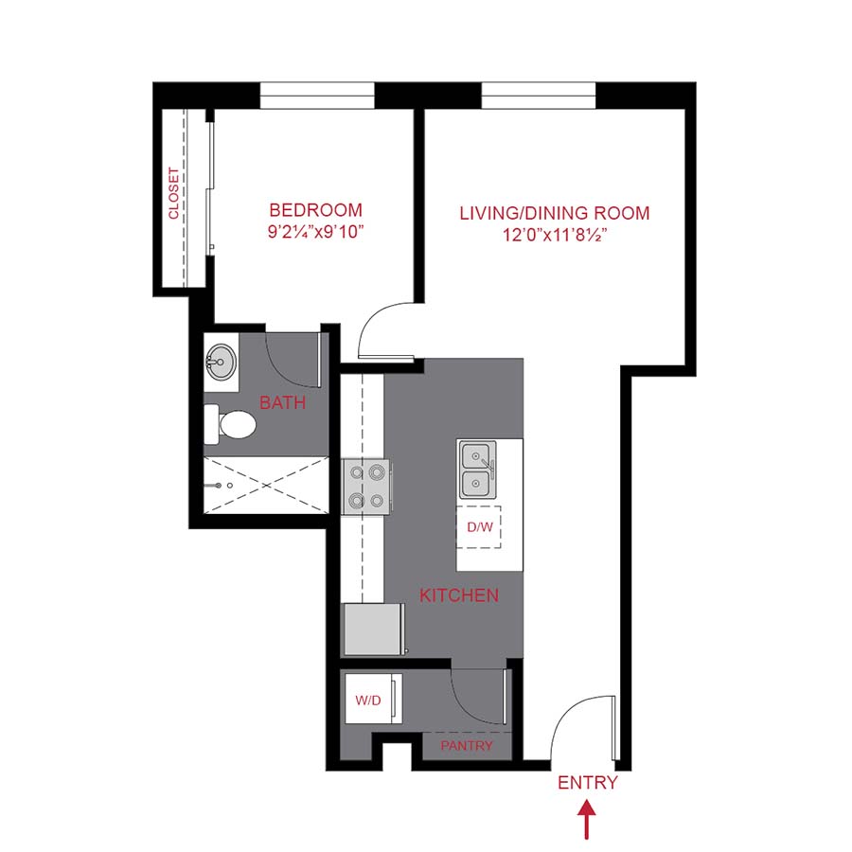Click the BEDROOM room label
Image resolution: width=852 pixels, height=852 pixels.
pyautogui.click(x=315, y=210)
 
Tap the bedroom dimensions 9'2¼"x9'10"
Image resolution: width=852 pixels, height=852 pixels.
pyautogui.click(x=315, y=233)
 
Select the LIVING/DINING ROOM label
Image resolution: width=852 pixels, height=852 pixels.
pyautogui.click(x=555, y=213)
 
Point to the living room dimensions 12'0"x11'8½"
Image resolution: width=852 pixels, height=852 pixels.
pyautogui.click(x=555, y=235)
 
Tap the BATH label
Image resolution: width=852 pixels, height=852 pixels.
pyautogui.click(x=282, y=403)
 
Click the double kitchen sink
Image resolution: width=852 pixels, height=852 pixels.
pyautogui.click(x=478, y=471)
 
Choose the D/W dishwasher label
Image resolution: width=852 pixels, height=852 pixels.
pyautogui.click(x=479, y=526)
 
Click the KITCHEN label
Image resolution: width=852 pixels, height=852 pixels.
pyautogui.click(x=459, y=595)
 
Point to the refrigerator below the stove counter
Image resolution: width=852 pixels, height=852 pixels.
pyautogui.click(x=374, y=630)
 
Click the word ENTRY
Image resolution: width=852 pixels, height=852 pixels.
pyautogui.click(x=587, y=783)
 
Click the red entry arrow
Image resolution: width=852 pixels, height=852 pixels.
pyautogui.click(x=587, y=819)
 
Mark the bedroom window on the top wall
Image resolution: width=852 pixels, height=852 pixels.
pyautogui.click(x=317, y=96)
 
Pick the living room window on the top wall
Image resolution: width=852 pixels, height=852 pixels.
pyautogui.click(x=539, y=96)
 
